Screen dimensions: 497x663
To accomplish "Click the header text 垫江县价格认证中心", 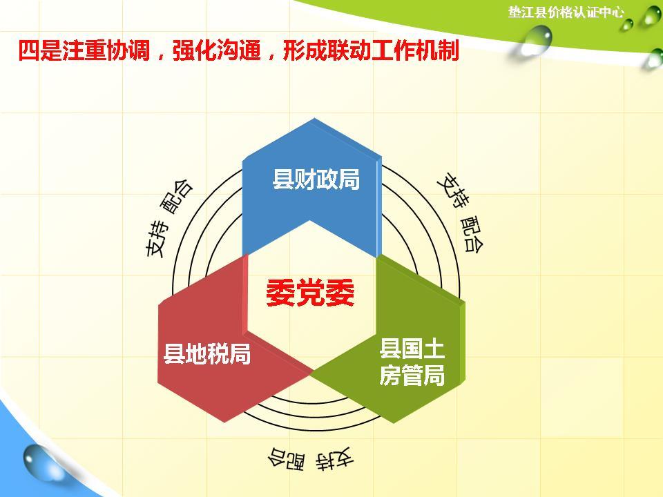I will (566, 12).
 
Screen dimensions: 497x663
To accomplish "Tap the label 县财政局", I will (316, 179).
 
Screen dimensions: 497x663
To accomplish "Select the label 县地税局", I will (206, 354).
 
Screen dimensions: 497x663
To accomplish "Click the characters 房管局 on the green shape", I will (412, 376).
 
